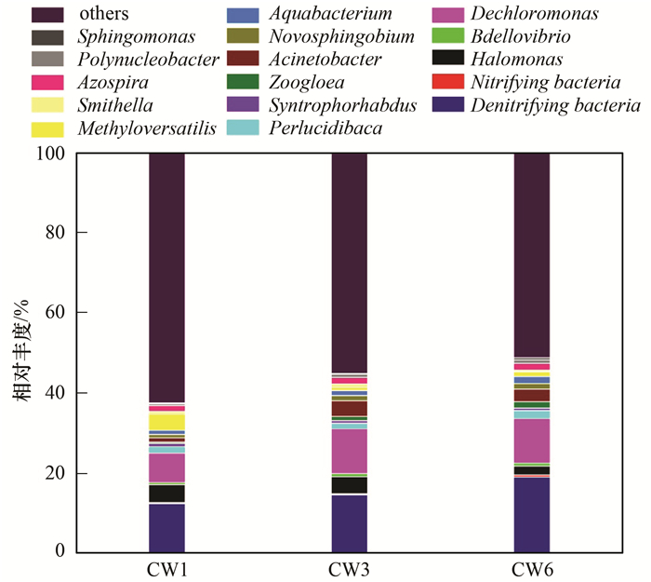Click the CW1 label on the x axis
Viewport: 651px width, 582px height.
click(166, 567)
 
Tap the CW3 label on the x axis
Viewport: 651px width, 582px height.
click(349, 567)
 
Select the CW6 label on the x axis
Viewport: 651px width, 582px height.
click(531, 567)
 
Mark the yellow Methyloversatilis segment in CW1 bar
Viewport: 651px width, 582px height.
click(166, 422)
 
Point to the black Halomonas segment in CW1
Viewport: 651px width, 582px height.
click(166, 494)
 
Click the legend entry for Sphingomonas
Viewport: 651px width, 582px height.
click(137, 37)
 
